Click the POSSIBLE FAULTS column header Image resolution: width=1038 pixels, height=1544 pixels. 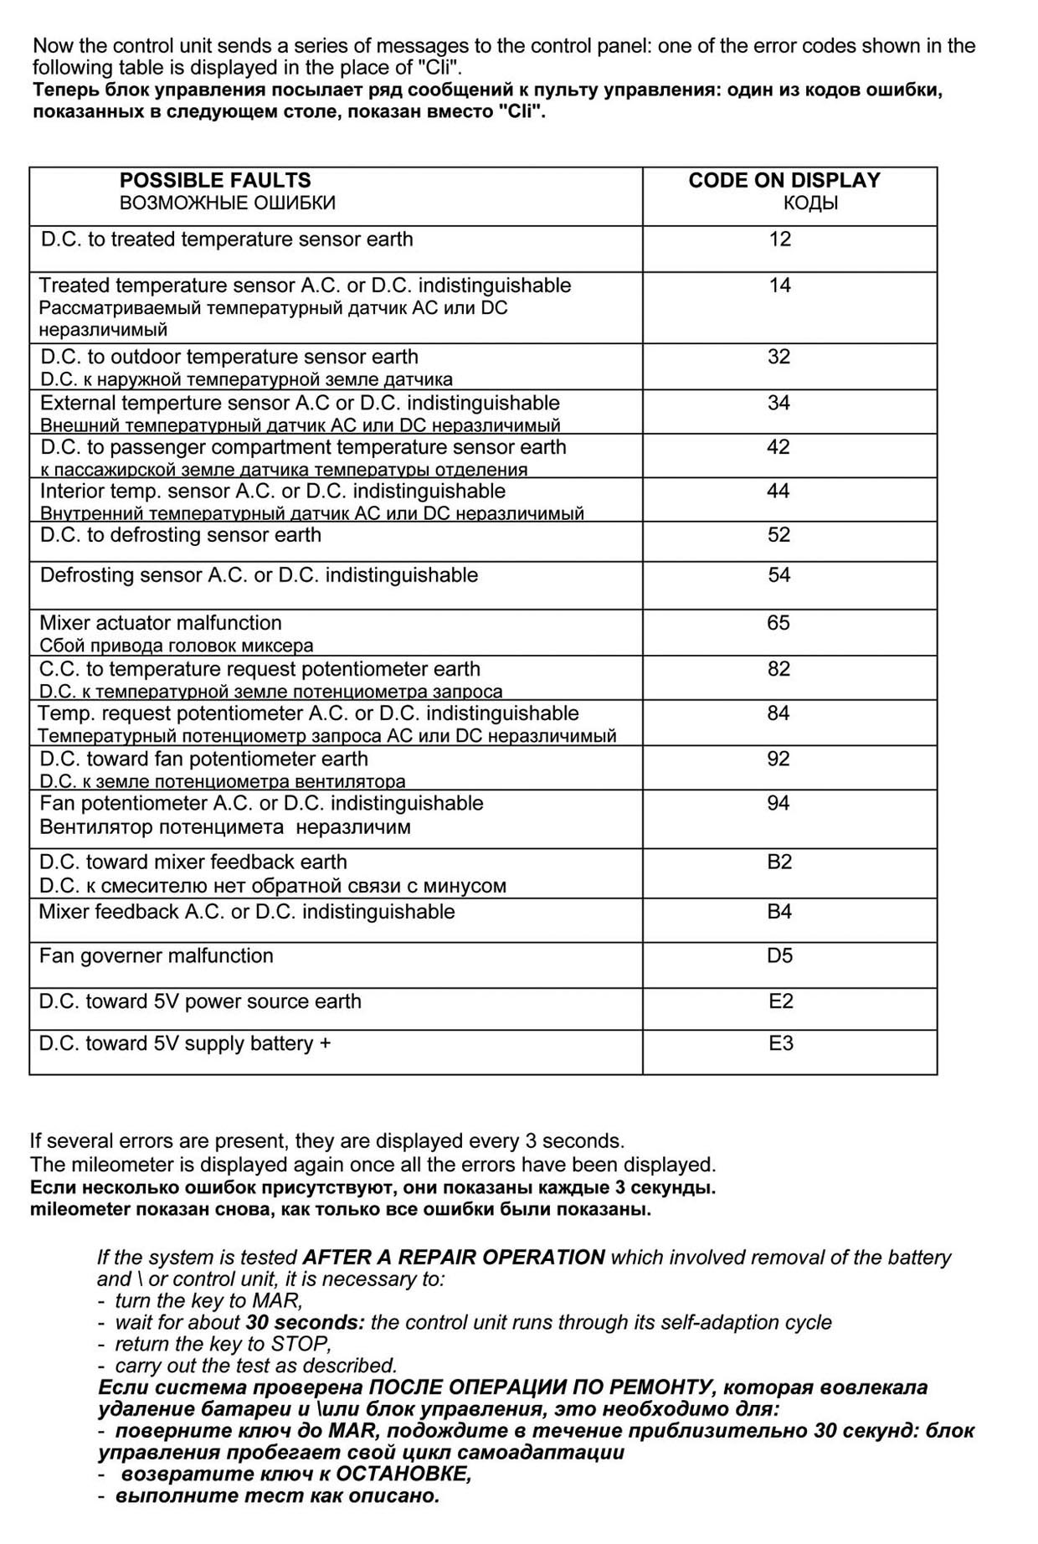click(x=215, y=180)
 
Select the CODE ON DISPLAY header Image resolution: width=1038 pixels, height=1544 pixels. click(x=784, y=180)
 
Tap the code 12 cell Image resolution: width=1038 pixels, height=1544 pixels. click(x=780, y=239)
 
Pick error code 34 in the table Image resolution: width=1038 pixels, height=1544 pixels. click(x=779, y=403)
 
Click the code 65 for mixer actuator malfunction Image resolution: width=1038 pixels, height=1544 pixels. click(x=778, y=623)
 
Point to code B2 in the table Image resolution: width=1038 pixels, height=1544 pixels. click(x=779, y=862)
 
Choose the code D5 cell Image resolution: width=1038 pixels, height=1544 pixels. click(x=779, y=955)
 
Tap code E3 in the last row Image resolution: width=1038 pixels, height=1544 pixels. click(x=781, y=1043)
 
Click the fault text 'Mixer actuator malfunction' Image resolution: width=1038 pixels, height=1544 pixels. click(x=161, y=623)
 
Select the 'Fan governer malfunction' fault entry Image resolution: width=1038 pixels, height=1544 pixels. click(x=157, y=955)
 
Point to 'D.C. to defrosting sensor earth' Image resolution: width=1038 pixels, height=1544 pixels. click(x=181, y=535)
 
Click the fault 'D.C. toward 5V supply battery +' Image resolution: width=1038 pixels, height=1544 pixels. click(x=185, y=1043)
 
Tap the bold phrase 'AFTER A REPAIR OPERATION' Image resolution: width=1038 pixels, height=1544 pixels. click(x=454, y=1257)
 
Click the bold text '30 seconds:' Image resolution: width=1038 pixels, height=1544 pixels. click(x=306, y=1322)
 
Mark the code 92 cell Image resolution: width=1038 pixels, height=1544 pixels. click(x=778, y=759)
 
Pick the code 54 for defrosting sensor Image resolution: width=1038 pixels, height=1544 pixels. click(x=779, y=575)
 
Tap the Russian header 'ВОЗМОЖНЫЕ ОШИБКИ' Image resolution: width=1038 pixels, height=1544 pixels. click(x=228, y=203)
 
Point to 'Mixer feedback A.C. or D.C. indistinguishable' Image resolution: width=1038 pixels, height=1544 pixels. click(x=247, y=911)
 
